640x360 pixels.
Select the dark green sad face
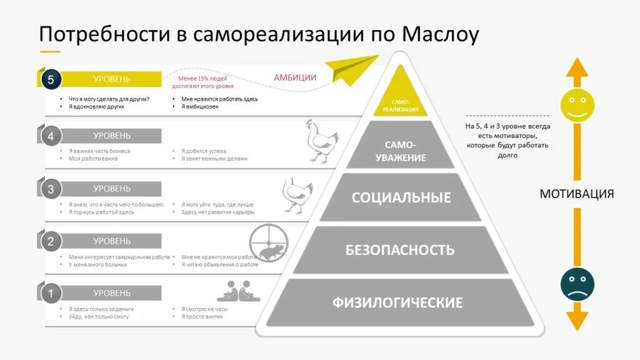tap(577, 284)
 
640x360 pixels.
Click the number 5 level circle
tap(51, 79)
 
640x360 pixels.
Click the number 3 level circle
tap(51, 189)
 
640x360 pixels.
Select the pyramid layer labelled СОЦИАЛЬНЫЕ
tap(401, 198)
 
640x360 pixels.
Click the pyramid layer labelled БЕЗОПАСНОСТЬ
tap(400, 250)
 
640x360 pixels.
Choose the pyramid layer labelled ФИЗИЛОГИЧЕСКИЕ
tap(397, 303)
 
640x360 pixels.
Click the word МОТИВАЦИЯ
tap(576, 194)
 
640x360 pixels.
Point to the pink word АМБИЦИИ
tap(295, 77)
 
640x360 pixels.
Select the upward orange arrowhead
tap(577, 67)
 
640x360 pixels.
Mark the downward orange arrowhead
tap(577, 321)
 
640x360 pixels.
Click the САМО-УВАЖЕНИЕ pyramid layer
tap(401, 151)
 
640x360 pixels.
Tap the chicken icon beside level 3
tap(297, 194)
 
